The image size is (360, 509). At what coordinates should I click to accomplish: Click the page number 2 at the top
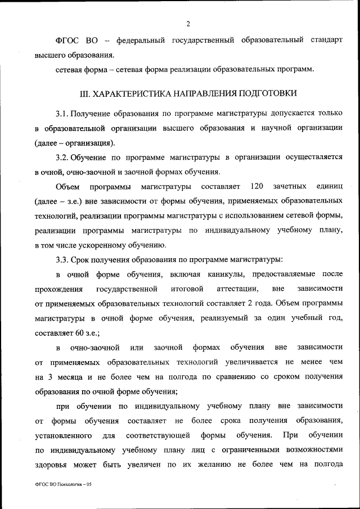pyautogui.click(x=188, y=24)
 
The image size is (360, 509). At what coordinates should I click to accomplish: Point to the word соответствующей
pyautogui.click(x=153, y=435)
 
